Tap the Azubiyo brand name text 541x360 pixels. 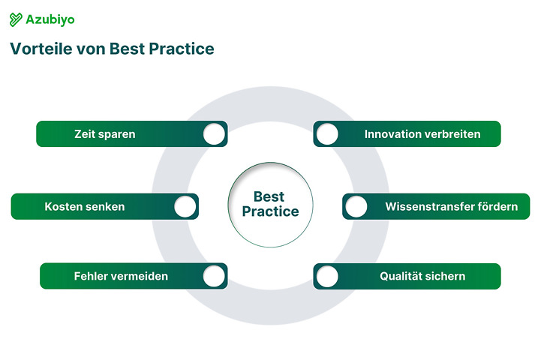pyautogui.click(x=50, y=20)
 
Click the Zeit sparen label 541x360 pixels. pyautogui.click(x=104, y=134)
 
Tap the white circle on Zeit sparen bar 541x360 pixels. pyautogui.click(x=214, y=134)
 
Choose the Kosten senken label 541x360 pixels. pyautogui.click(x=84, y=206)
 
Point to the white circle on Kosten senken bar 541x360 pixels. pyautogui.click(x=185, y=206)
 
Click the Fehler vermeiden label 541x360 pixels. pyautogui.click(x=121, y=276)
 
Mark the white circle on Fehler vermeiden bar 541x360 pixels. pyautogui.click(x=214, y=276)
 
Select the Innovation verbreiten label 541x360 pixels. pyautogui.click(x=422, y=134)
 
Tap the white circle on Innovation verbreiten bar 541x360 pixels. pyautogui.click(x=327, y=134)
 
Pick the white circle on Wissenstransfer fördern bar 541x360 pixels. pyautogui.click(x=356, y=206)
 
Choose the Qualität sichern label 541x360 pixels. pyautogui.click(x=422, y=276)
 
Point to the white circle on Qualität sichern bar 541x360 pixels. pyautogui.click(x=327, y=276)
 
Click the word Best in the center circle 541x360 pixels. pyautogui.click(x=269, y=197)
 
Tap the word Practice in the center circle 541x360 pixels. pyautogui.click(x=270, y=212)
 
